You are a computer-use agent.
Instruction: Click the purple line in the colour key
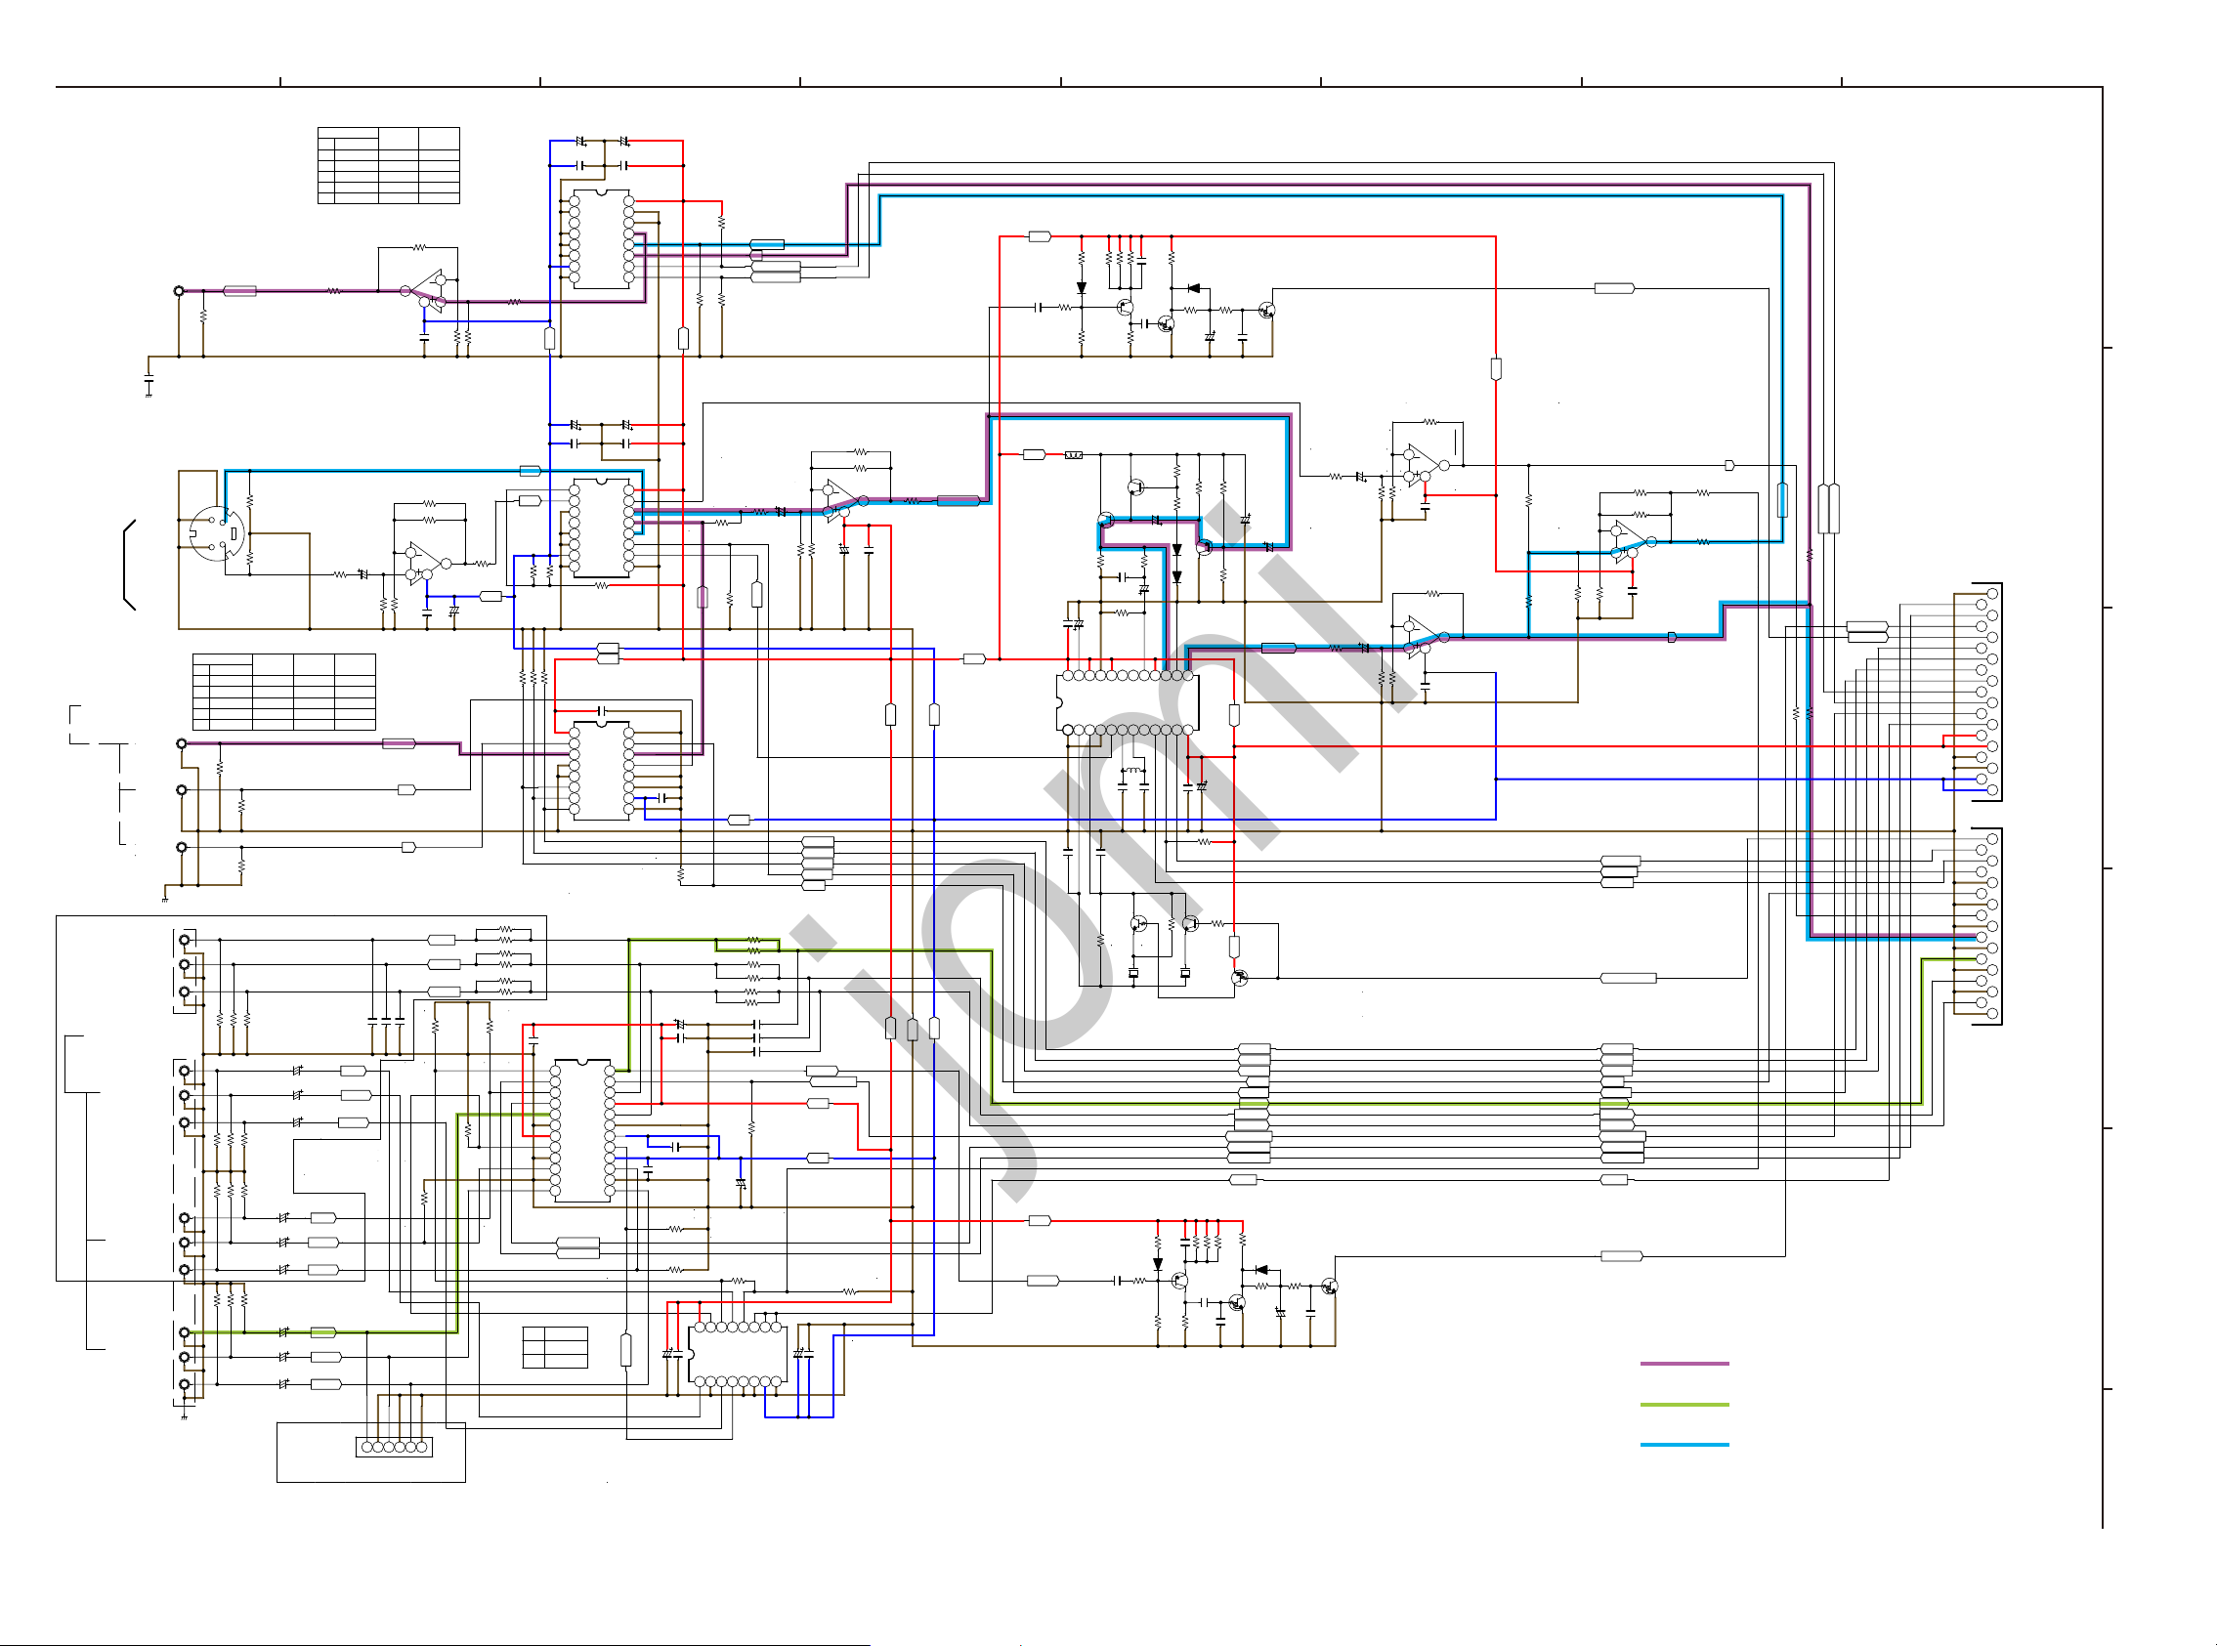[x=1684, y=1363]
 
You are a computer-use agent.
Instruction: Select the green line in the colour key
[x=1684, y=1404]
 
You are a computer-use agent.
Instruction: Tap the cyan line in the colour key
[x=1684, y=1444]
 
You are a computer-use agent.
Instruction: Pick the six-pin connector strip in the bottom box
[x=395, y=1447]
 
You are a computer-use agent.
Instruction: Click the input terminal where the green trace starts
[x=185, y=1332]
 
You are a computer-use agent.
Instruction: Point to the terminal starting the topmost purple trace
[x=180, y=291]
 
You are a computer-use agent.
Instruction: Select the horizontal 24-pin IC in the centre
[x=1127, y=702]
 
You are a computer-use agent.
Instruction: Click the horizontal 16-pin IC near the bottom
[x=739, y=1354]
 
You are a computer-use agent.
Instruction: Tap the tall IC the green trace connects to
[x=582, y=1131]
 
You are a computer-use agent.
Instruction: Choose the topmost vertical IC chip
[x=601, y=239]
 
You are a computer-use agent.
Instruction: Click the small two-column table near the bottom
[x=555, y=1347]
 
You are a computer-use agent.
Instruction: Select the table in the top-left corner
[x=389, y=165]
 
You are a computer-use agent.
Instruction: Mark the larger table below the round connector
[x=284, y=692]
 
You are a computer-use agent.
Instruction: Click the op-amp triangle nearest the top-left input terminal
[x=429, y=289]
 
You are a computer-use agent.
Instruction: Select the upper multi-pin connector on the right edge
[x=1986, y=692]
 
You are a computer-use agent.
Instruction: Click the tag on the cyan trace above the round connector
[x=531, y=470]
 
